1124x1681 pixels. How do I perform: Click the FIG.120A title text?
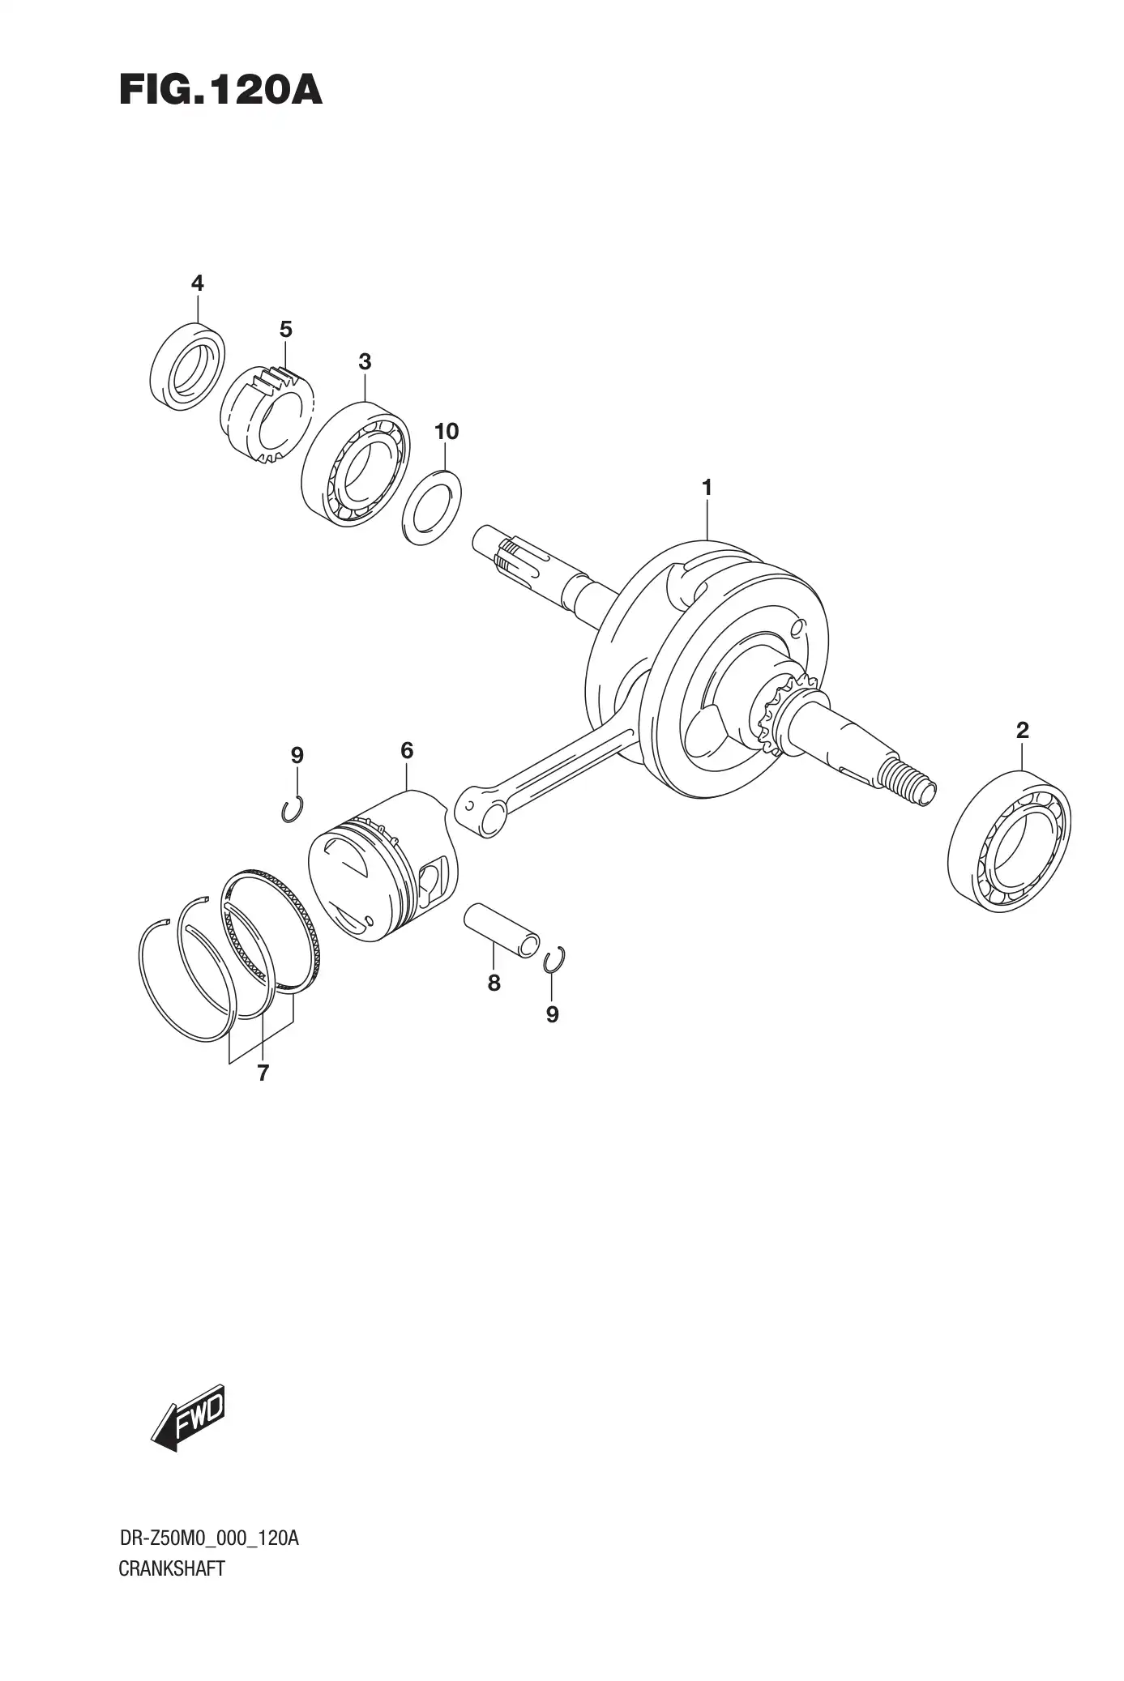[220, 91]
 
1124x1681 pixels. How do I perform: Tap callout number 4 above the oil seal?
[197, 283]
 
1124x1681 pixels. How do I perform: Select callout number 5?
[285, 330]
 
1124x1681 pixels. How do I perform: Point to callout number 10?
[447, 432]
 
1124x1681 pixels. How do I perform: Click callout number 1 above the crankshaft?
[707, 488]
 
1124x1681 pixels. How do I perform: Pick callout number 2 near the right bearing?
[1022, 731]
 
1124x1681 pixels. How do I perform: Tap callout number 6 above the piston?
[407, 751]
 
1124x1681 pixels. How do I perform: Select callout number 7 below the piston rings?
[263, 1073]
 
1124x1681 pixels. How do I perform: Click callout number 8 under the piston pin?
[494, 983]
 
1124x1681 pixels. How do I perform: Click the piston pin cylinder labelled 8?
[502, 929]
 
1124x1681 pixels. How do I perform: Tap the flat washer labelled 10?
[432, 506]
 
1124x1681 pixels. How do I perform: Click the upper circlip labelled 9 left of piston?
[292, 809]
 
